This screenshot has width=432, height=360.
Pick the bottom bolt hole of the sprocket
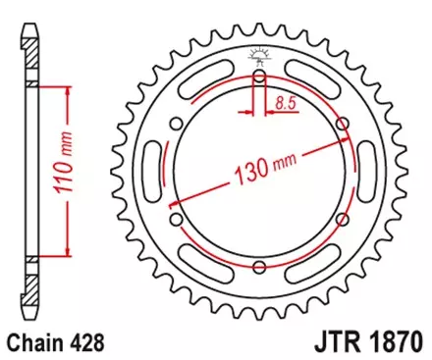click(259, 266)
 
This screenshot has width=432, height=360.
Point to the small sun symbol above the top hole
click(259, 53)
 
